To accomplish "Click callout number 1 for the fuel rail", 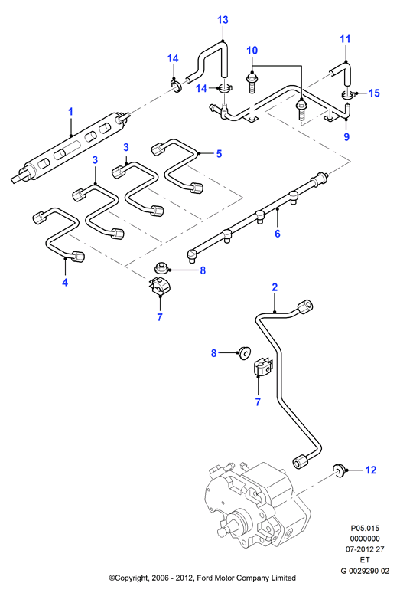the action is tap(70, 112).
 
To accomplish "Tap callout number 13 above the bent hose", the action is tap(223, 20).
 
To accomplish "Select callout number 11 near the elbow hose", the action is tap(345, 39).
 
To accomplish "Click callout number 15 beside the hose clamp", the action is tap(373, 93).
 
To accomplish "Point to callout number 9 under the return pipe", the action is tap(346, 136).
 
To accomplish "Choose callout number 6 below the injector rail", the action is tap(278, 234).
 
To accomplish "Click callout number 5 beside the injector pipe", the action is tap(219, 153).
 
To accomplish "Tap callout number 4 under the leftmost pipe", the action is tap(65, 282).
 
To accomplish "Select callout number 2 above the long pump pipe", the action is tap(275, 287).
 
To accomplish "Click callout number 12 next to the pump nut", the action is tap(371, 470).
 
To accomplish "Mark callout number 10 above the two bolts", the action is tap(252, 51).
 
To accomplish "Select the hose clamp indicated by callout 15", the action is tap(347, 94).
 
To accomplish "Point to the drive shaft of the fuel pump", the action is tap(226, 528).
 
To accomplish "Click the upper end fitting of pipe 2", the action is tap(306, 306).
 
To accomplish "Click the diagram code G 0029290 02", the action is tap(365, 571).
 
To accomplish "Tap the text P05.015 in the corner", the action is tap(365, 529).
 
